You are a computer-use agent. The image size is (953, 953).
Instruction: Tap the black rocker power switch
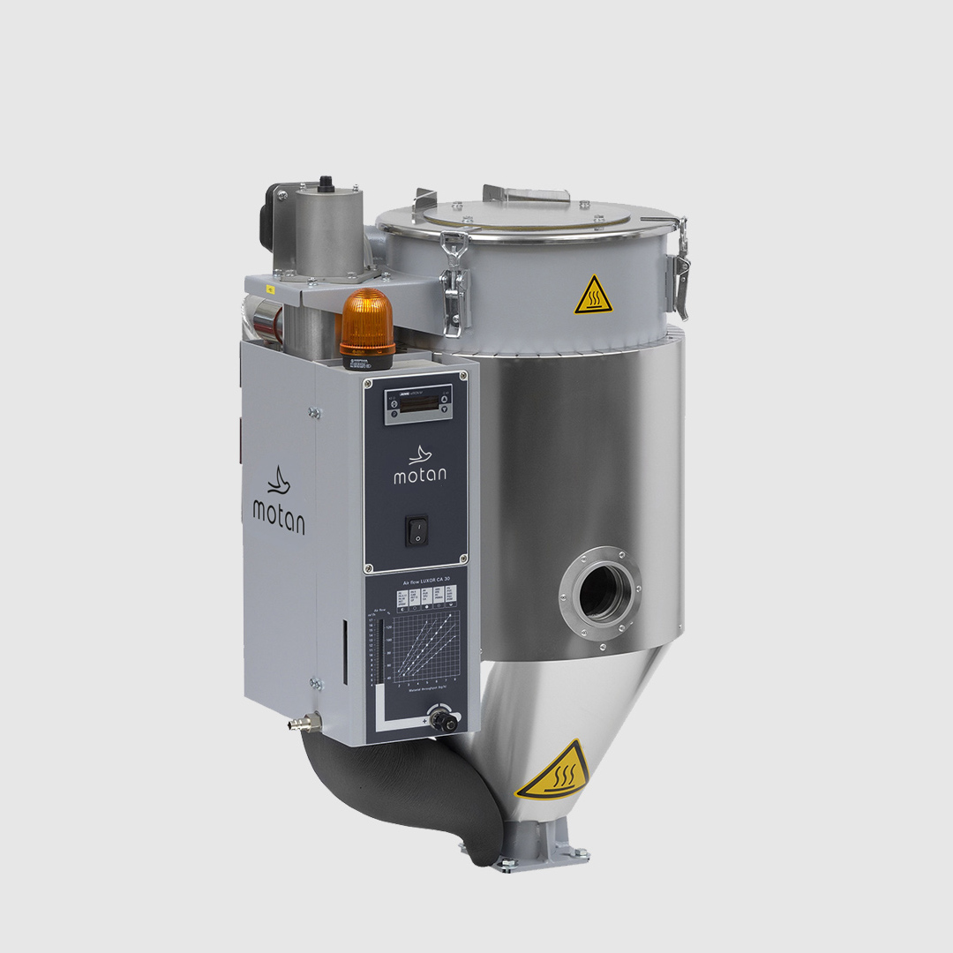[x=416, y=529]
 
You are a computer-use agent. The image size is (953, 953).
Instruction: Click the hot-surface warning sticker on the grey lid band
[x=594, y=296]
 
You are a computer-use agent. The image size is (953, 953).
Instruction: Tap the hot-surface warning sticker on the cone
[x=554, y=770]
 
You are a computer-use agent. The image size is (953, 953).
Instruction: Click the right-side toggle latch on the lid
[x=679, y=265]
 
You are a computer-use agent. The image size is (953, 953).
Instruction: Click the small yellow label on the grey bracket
[x=271, y=289]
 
